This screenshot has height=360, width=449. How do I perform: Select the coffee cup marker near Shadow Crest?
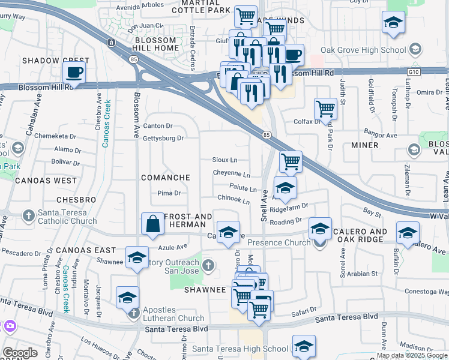click(74, 73)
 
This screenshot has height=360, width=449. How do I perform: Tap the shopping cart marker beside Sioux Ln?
click(291, 161)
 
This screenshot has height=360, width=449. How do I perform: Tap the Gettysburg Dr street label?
click(163, 139)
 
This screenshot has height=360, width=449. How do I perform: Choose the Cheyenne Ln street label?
click(231, 173)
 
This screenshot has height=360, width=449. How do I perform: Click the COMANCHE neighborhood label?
click(165, 178)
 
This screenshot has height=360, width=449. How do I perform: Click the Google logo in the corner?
click(20, 352)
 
